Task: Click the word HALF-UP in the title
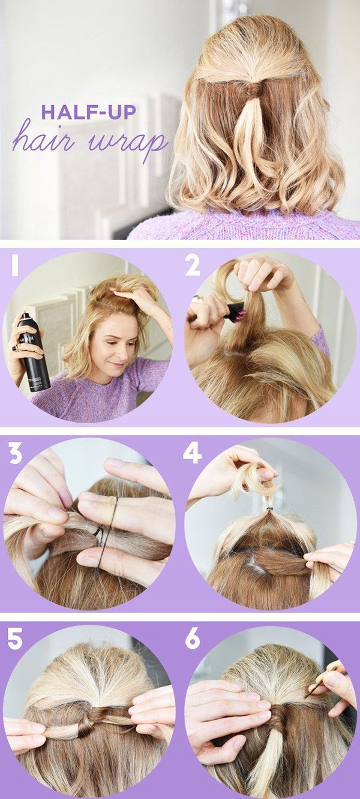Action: click(89, 112)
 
